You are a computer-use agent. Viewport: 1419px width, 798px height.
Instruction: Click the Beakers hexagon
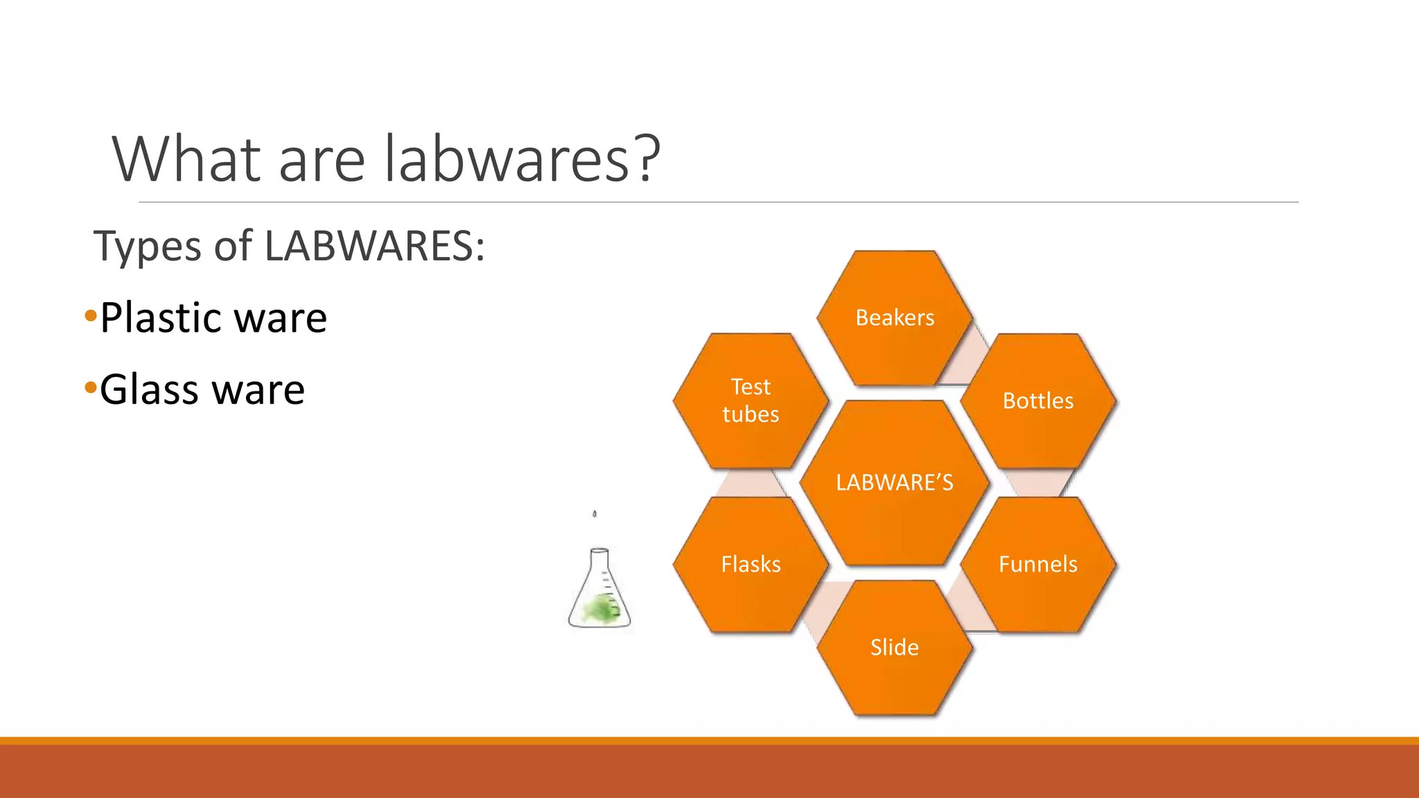tap(894, 318)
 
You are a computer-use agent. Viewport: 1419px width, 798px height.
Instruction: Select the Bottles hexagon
tap(1037, 401)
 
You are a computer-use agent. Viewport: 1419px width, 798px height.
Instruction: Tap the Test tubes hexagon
tap(750, 401)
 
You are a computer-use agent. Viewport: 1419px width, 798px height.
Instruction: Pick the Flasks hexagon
tap(750, 565)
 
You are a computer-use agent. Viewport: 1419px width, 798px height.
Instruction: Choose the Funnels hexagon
tap(1037, 565)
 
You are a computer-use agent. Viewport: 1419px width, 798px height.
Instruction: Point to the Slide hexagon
tap(894, 648)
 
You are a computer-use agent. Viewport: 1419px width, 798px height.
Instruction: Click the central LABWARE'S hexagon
tap(894, 483)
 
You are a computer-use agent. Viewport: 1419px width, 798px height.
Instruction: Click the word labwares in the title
tap(506, 159)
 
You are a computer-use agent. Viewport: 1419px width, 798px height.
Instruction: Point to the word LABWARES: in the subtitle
tap(375, 245)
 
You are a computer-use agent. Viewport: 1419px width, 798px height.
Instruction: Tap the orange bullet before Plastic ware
tap(91, 317)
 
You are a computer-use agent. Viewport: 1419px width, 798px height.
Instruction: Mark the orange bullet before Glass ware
tap(91, 388)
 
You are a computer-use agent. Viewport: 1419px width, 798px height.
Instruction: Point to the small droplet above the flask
tap(594, 514)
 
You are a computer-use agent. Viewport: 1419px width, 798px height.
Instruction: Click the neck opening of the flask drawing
tap(599, 551)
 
